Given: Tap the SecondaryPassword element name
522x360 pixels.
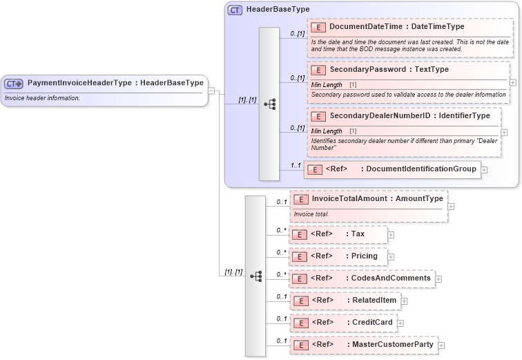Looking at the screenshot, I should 389,70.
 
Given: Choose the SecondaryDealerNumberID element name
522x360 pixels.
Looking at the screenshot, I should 409,116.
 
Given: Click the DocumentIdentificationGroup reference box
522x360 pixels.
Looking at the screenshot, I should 392,169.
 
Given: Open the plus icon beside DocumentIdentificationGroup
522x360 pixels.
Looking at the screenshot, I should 484,169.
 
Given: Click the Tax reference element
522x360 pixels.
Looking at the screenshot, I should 338,234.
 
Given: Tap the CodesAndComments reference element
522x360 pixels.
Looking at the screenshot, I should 362,278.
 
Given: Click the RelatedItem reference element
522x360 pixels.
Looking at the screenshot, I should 345,301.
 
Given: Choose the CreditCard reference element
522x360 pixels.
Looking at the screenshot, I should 342,323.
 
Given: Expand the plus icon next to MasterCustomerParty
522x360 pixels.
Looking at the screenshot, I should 441,345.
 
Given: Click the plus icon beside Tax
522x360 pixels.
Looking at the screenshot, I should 391,235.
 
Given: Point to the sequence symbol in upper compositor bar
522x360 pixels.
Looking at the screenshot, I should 270,104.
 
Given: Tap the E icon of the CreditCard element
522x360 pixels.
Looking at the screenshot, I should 300,323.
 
